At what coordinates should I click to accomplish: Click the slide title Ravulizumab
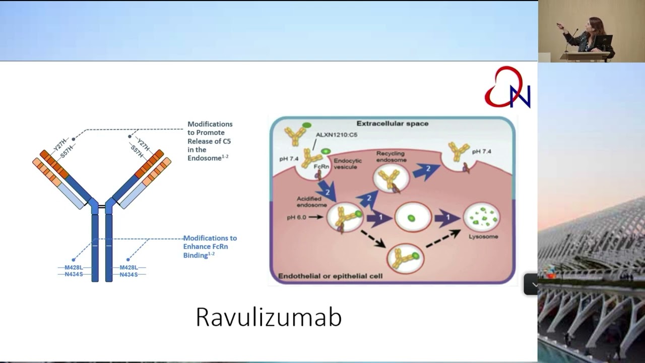click(269, 317)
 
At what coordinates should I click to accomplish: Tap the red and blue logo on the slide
click(508, 88)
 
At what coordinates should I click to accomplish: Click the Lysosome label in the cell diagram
click(483, 236)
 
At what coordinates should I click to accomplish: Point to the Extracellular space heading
click(392, 124)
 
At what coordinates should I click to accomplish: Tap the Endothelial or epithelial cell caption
click(331, 276)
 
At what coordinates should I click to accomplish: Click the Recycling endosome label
click(391, 156)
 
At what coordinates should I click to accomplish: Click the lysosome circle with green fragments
click(482, 218)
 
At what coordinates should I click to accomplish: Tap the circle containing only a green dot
click(411, 218)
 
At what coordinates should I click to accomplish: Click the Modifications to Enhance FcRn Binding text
click(210, 247)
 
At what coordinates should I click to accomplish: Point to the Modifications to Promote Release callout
click(210, 141)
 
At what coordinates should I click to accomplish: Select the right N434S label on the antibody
click(129, 275)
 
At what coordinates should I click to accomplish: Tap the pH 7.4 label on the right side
click(482, 151)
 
